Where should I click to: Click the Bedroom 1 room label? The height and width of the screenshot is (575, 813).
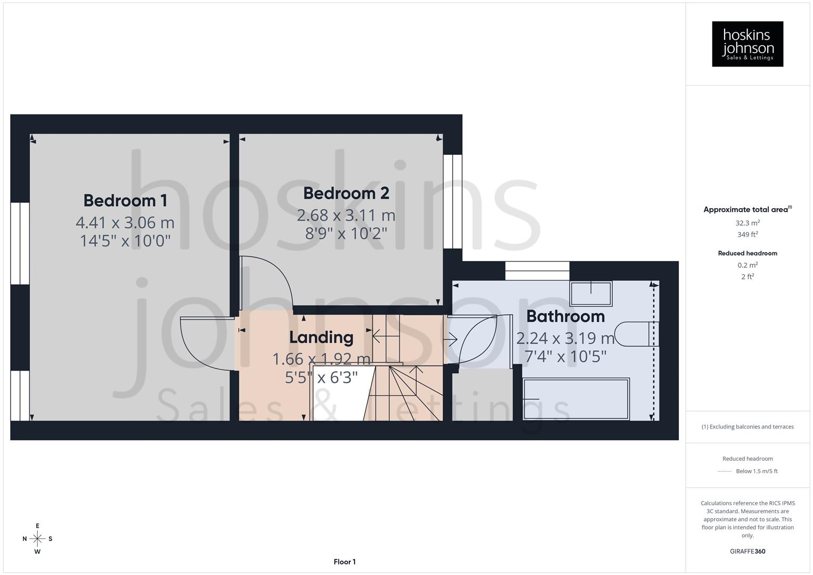click(125, 201)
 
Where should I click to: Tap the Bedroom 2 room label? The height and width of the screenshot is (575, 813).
click(346, 193)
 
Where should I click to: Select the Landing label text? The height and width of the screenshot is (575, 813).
click(321, 338)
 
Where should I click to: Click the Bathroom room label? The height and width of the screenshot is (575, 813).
click(565, 316)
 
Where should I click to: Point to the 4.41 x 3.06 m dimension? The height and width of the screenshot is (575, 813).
click(125, 222)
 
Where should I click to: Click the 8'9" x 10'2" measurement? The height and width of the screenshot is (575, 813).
click(346, 233)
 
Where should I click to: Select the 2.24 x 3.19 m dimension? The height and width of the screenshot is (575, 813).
click(565, 338)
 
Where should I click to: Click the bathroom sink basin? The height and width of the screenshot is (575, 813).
click(591, 293)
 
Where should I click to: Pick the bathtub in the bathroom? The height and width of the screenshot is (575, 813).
click(576, 399)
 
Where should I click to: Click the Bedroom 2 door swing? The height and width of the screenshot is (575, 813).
click(266, 282)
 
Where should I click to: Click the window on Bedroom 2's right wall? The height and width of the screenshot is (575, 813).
click(453, 202)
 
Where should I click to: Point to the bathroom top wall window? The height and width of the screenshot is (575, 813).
click(537, 271)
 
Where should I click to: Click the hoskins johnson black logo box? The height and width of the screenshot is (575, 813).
click(748, 44)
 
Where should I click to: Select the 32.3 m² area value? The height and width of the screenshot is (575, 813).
click(748, 223)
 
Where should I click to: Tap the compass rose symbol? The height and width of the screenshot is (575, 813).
click(37, 539)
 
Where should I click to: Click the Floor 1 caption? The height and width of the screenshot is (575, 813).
click(344, 562)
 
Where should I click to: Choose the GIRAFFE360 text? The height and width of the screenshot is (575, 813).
click(748, 551)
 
